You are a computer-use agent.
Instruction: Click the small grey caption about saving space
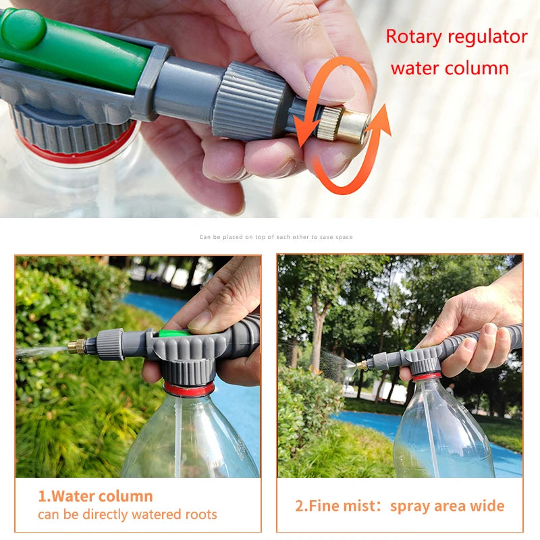[276, 237]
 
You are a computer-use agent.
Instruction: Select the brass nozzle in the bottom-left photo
[76, 347]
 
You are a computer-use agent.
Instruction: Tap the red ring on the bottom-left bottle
[189, 389]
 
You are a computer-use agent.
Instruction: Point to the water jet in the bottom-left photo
[40, 352]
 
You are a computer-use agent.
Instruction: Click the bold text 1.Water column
[95, 496]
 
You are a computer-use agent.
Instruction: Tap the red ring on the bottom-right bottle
[427, 375]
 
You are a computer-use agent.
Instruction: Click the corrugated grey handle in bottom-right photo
[486, 341]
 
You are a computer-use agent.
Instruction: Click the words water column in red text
[449, 67]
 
